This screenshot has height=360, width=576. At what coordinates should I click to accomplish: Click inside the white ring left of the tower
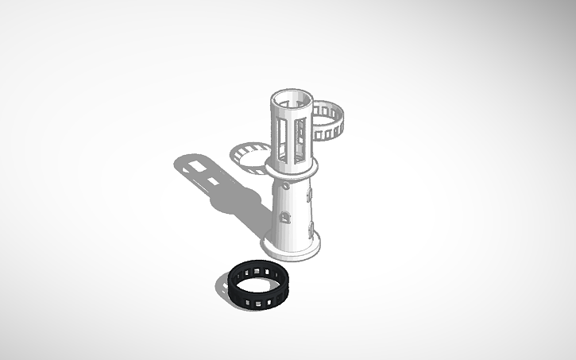click(251, 154)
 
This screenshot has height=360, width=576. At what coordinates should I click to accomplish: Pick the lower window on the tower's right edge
click(308, 230)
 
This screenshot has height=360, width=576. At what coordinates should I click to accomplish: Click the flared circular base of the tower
click(292, 246)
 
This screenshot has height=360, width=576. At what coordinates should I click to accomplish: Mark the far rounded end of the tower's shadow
click(179, 164)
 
